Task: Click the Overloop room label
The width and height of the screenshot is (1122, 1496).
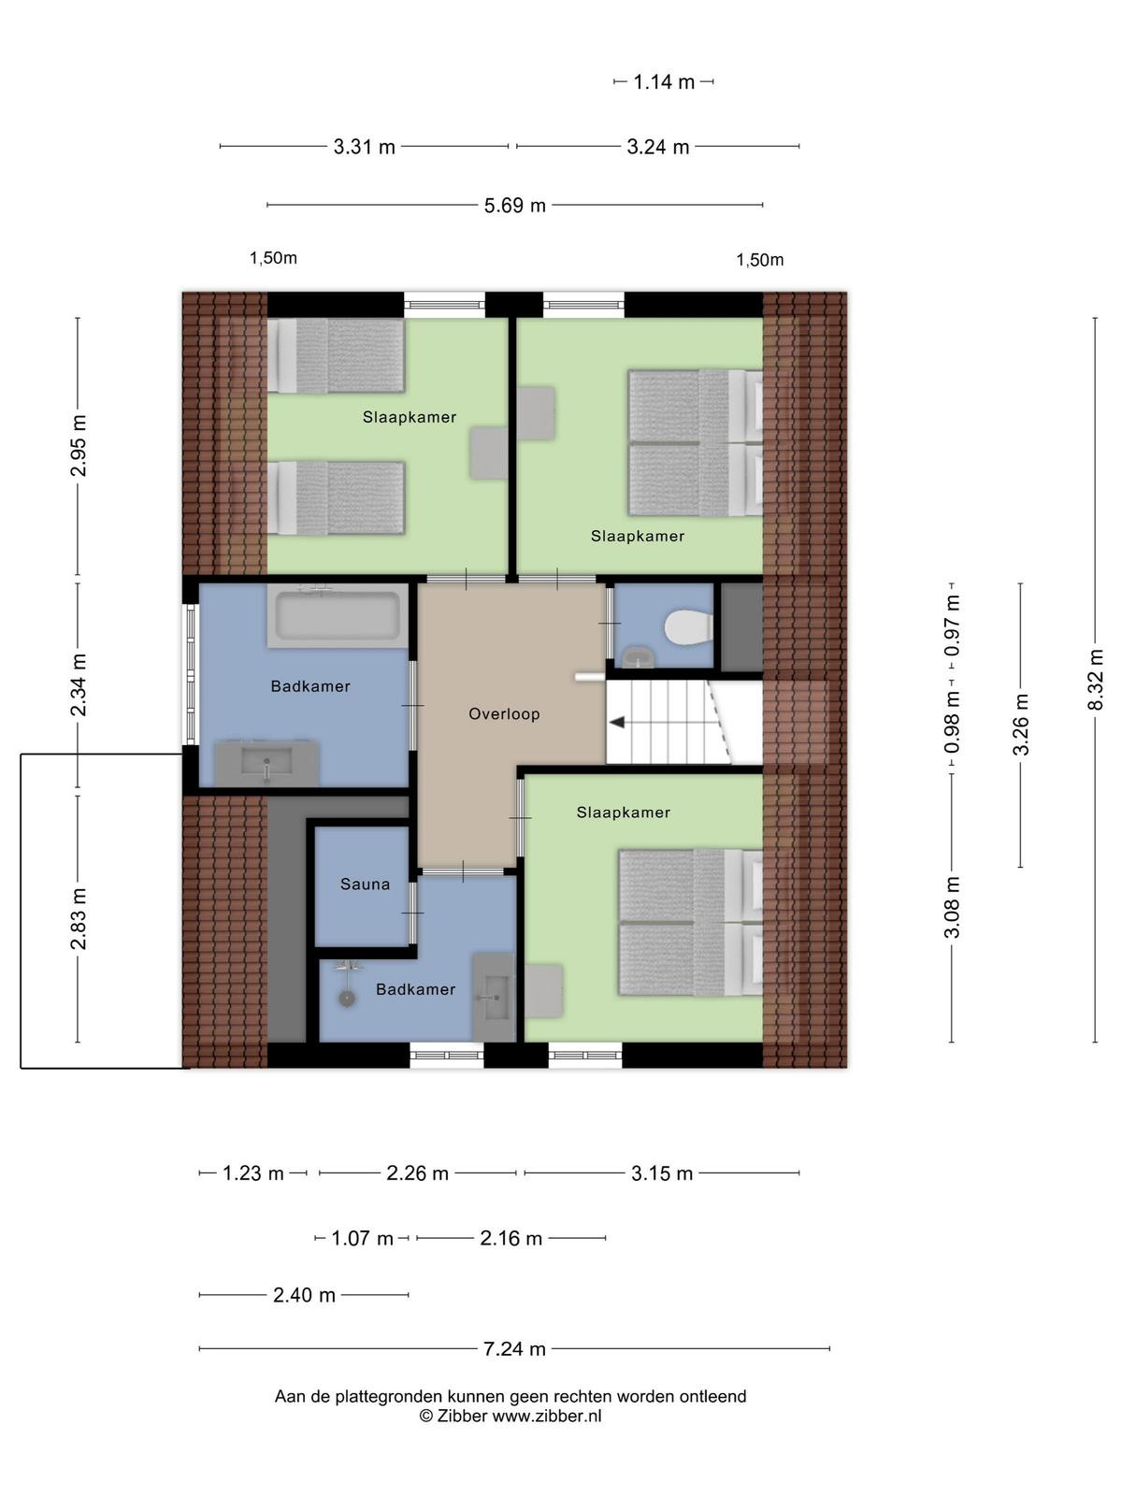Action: (x=504, y=713)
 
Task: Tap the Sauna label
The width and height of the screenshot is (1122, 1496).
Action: (x=366, y=884)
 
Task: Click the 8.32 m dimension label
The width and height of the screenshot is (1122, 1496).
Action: (x=1095, y=680)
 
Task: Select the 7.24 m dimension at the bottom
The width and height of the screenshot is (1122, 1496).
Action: (x=514, y=1349)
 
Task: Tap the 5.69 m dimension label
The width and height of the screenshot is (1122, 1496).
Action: (x=515, y=205)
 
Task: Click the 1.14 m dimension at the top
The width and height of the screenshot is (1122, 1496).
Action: (x=664, y=81)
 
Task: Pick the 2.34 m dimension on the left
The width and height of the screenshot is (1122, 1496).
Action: (x=79, y=684)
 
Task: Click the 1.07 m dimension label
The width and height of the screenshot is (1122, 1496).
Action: (x=362, y=1238)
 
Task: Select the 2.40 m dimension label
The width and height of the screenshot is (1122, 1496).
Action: (x=304, y=1295)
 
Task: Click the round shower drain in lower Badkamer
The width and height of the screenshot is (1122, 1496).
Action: (x=348, y=1000)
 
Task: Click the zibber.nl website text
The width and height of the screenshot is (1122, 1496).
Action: (x=547, y=1416)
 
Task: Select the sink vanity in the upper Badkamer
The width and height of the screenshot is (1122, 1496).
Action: (x=267, y=763)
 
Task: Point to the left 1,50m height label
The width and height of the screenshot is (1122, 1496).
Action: (x=273, y=258)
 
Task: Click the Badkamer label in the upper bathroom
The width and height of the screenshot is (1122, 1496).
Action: (x=310, y=686)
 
